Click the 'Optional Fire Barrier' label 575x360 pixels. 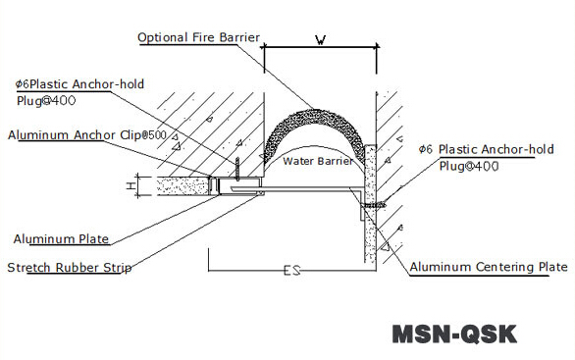[x=198, y=38]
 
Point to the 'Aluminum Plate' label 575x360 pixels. [x=61, y=238]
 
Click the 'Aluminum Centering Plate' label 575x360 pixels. [x=488, y=267]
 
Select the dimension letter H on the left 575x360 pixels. [x=131, y=183]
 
